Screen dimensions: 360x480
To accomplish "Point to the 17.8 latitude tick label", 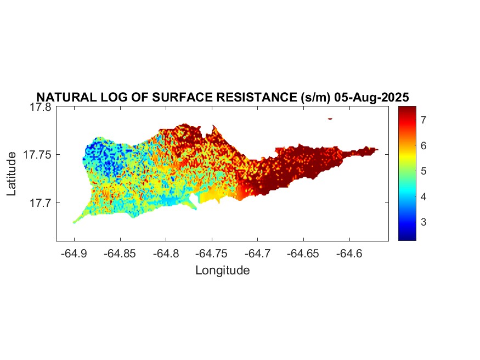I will pos(41,107).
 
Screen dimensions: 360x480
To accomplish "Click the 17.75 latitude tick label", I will pos(37,155).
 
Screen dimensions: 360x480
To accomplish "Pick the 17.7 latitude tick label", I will pos(41,203).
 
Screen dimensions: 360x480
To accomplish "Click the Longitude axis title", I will pos(222,270).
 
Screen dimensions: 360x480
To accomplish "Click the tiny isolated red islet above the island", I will pos(330,118).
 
